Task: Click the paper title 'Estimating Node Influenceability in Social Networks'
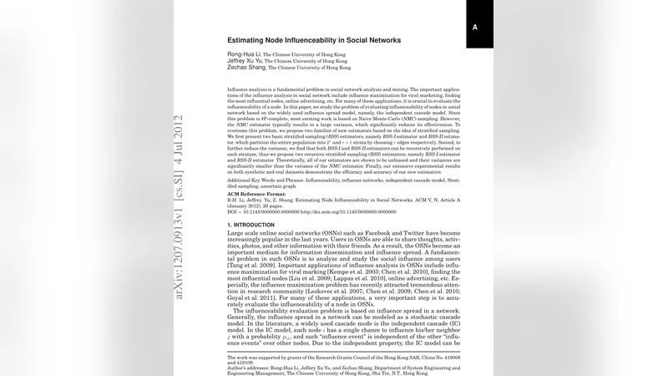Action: coord(314,40)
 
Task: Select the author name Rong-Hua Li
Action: coord(243,54)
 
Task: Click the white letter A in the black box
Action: coord(475,28)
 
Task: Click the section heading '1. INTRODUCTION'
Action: coord(251,226)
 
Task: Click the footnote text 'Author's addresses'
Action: coord(250,365)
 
